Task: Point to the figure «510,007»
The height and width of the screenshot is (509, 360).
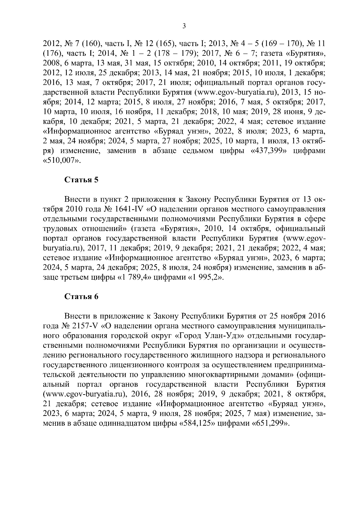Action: coord(62,161)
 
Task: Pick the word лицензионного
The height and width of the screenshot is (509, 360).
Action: coord(134,365)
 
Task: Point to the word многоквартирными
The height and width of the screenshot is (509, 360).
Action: coord(229,375)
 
